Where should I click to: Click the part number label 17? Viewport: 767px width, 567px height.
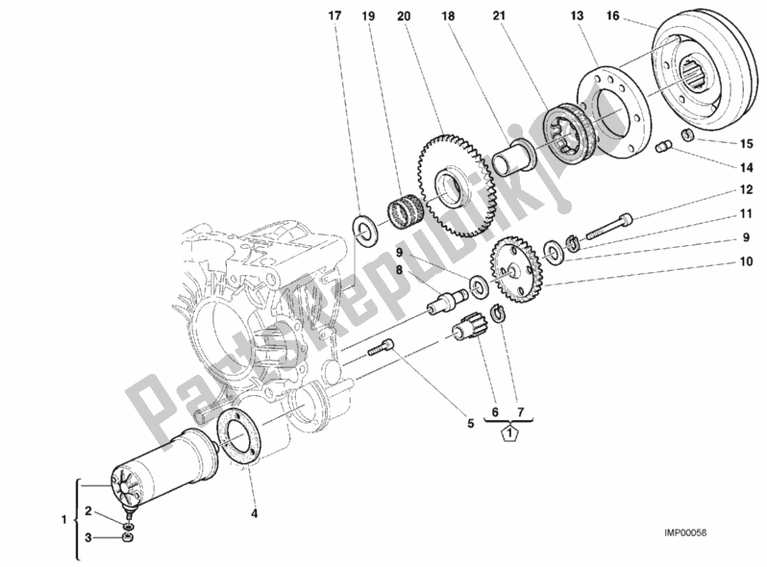(334, 15)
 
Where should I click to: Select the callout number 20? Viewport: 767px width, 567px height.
(403, 15)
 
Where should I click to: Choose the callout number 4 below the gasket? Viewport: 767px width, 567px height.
(255, 513)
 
